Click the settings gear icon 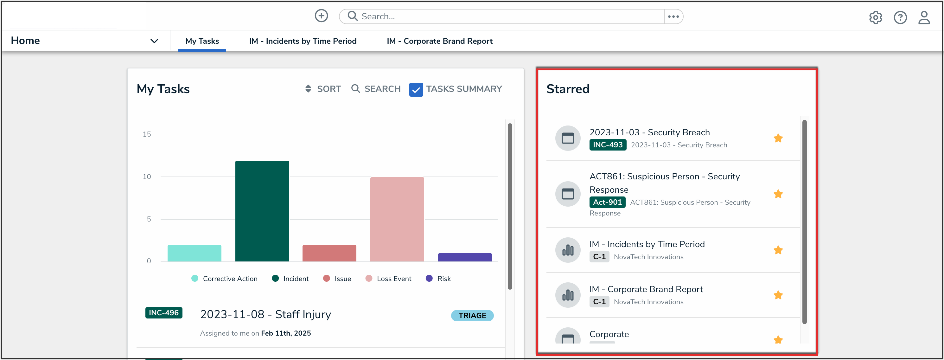[875, 17]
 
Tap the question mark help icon [900, 17]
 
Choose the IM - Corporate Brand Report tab [439, 41]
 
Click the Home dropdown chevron [154, 41]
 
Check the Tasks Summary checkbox [416, 89]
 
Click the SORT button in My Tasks [323, 89]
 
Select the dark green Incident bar [262, 211]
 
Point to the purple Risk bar [464, 257]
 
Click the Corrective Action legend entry [224, 279]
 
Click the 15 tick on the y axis [147, 134]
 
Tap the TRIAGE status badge [472, 316]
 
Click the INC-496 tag [163, 313]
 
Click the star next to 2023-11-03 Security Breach [778, 138]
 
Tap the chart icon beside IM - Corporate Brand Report [568, 295]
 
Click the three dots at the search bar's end [673, 16]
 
